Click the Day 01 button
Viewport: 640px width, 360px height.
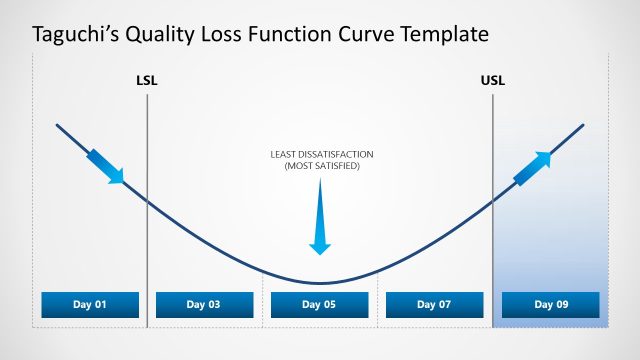coord(90,305)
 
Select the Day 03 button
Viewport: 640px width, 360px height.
coord(205,305)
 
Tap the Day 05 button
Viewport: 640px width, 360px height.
coord(320,305)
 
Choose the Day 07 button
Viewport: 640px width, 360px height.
coord(434,305)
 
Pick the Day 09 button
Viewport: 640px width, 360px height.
coord(550,305)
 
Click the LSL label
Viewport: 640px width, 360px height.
coord(146,80)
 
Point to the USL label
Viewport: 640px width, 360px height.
coord(493,80)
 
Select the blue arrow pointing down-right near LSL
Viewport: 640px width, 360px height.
coord(106,166)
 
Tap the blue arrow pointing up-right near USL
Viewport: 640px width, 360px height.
coord(532,169)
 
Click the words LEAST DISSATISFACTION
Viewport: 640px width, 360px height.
coord(321,154)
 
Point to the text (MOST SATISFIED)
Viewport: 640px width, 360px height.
coord(321,165)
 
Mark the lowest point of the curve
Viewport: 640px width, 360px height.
coord(320,284)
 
